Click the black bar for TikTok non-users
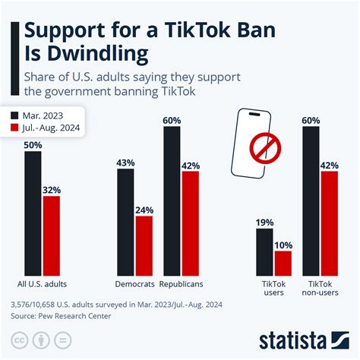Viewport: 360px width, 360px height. (311, 201)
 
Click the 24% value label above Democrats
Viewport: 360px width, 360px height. (144, 210)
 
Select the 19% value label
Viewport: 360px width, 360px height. (264, 222)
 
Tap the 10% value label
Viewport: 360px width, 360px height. (283, 244)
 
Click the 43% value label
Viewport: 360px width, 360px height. (125, 162)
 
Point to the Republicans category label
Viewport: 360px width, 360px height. (181, 285)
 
